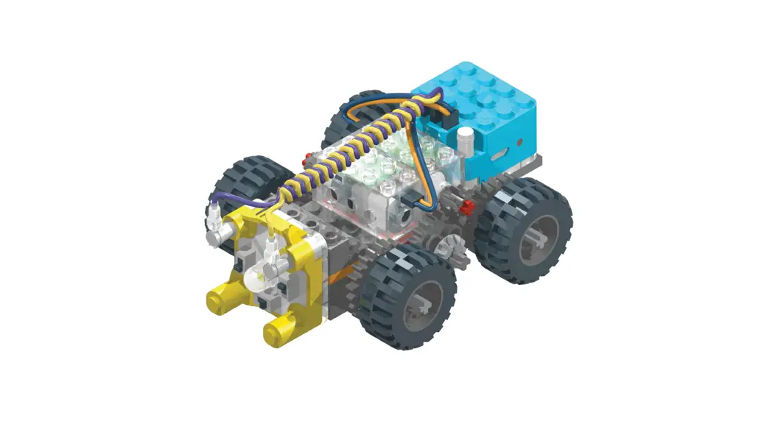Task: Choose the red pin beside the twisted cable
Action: coord(304,155)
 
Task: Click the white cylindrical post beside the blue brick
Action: coord(465,142)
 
